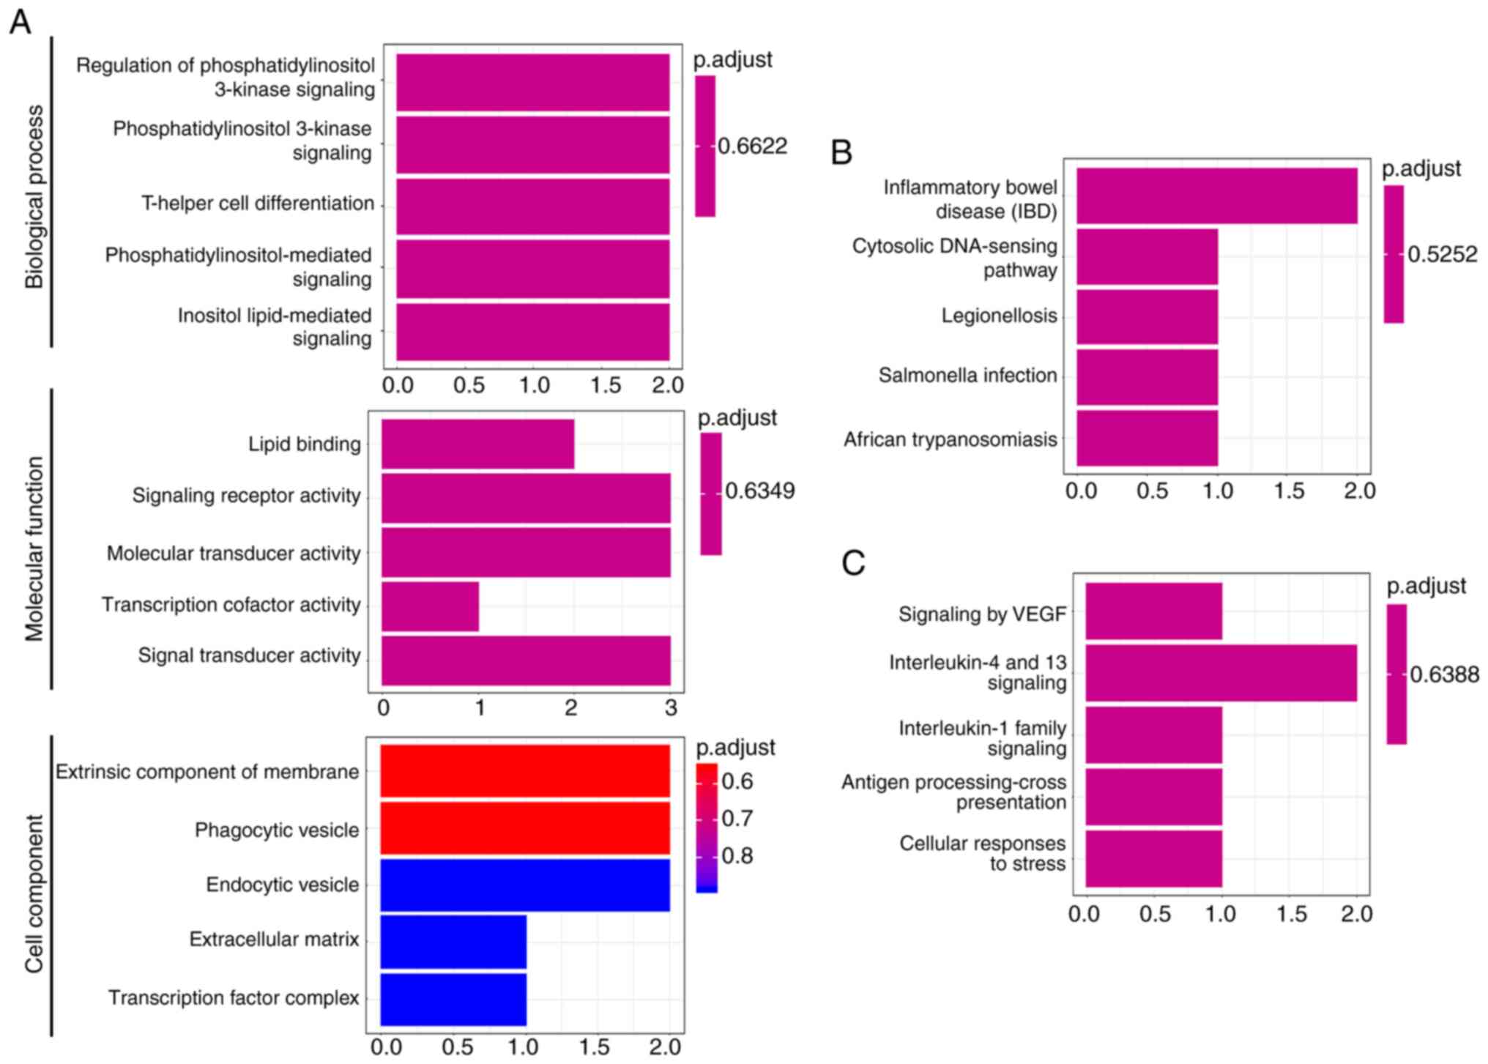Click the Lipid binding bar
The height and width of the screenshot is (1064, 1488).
click(477, 444)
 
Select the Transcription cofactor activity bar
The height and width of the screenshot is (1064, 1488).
click(430, 606)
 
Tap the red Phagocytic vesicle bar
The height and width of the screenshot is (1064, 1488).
click(525, 828)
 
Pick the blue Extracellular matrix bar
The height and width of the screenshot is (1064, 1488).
click(453, 940)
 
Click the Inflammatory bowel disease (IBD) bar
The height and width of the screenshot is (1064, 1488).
click(1216, 196)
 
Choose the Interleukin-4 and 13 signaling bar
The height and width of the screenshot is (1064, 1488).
click(1221, 672)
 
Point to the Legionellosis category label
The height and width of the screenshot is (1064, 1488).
click(999, 316)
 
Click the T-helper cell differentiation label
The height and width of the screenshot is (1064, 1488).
click(258, 204)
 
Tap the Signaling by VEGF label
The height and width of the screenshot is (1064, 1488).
click(982, 614)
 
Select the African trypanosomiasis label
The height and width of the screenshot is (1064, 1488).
click(950, 439)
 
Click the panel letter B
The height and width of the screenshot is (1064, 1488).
click(842, 152)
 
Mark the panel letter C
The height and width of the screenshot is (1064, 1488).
click(853, 563)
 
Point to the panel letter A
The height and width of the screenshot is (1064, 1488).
click(20, 22)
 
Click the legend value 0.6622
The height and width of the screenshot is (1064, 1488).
click(752, 146)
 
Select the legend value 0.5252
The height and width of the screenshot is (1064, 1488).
click(1442, 255)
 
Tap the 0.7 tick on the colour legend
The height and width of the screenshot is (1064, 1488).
click(737, 818)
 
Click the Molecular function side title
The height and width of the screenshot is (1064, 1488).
click(34, 549)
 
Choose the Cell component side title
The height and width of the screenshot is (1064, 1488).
click(34, 893)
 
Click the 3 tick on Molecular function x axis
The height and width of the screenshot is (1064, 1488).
click(670, 708)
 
